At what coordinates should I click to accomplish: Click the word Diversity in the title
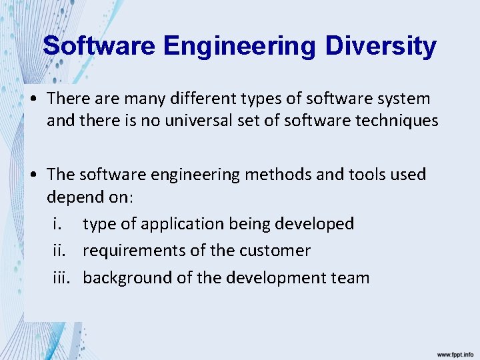click(x=381, y=46)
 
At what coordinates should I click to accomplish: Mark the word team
click(x=350, y=277)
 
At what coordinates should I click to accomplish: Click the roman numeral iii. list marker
click(x=62, y=277)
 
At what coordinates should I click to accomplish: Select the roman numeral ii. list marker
click(x=60, y=251)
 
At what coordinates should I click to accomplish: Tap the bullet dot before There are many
click(x=33, y=99)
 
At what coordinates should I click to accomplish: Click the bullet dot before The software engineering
click(x=33, y=175)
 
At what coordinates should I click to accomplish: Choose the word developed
click(x=314, y=224)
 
